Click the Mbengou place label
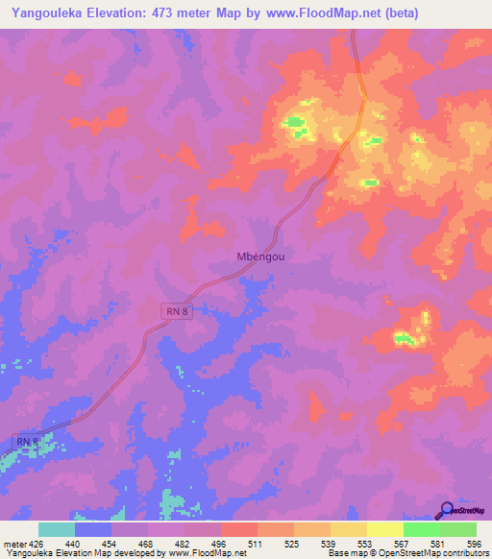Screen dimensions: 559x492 pos(258,256)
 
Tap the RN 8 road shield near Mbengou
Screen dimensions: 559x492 pos(172,310)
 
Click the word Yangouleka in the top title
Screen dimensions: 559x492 pos(46,12)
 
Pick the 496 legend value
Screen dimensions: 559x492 pos(219,543)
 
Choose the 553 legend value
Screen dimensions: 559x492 pos(366,543)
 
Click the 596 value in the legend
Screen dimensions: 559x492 pos(473,543)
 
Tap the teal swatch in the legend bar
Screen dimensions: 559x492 pos(57,529)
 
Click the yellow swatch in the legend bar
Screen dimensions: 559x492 pos(384,529)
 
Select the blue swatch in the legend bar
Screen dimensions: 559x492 pos(93,529)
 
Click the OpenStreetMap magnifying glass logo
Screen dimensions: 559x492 pos(447,510)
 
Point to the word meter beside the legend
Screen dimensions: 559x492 pos(12,543)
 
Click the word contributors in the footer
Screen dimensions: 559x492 pos(462,553)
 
